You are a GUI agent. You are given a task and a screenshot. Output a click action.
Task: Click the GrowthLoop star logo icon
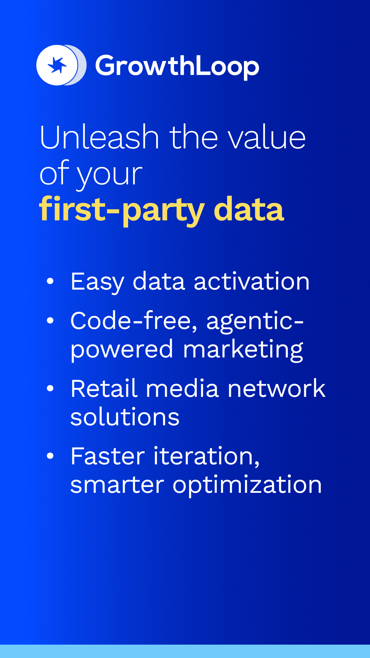coord(61,65)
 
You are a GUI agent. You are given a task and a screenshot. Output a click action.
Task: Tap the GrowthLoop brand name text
coord(177,66)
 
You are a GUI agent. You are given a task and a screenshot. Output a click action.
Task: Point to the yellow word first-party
coord(122,210)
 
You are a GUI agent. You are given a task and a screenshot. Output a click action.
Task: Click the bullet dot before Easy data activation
coord(50,281)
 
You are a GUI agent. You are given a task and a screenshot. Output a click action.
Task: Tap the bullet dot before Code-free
coord(50,320)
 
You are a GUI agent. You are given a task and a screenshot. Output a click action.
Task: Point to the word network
coord(276,389)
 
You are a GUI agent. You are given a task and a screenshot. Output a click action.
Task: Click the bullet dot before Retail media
coord(50,388)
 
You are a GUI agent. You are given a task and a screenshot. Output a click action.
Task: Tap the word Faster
coord(108,456)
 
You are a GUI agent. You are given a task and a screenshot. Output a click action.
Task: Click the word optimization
coord(247,485)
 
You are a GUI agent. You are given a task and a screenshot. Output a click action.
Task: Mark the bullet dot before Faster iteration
coord(50,456)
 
